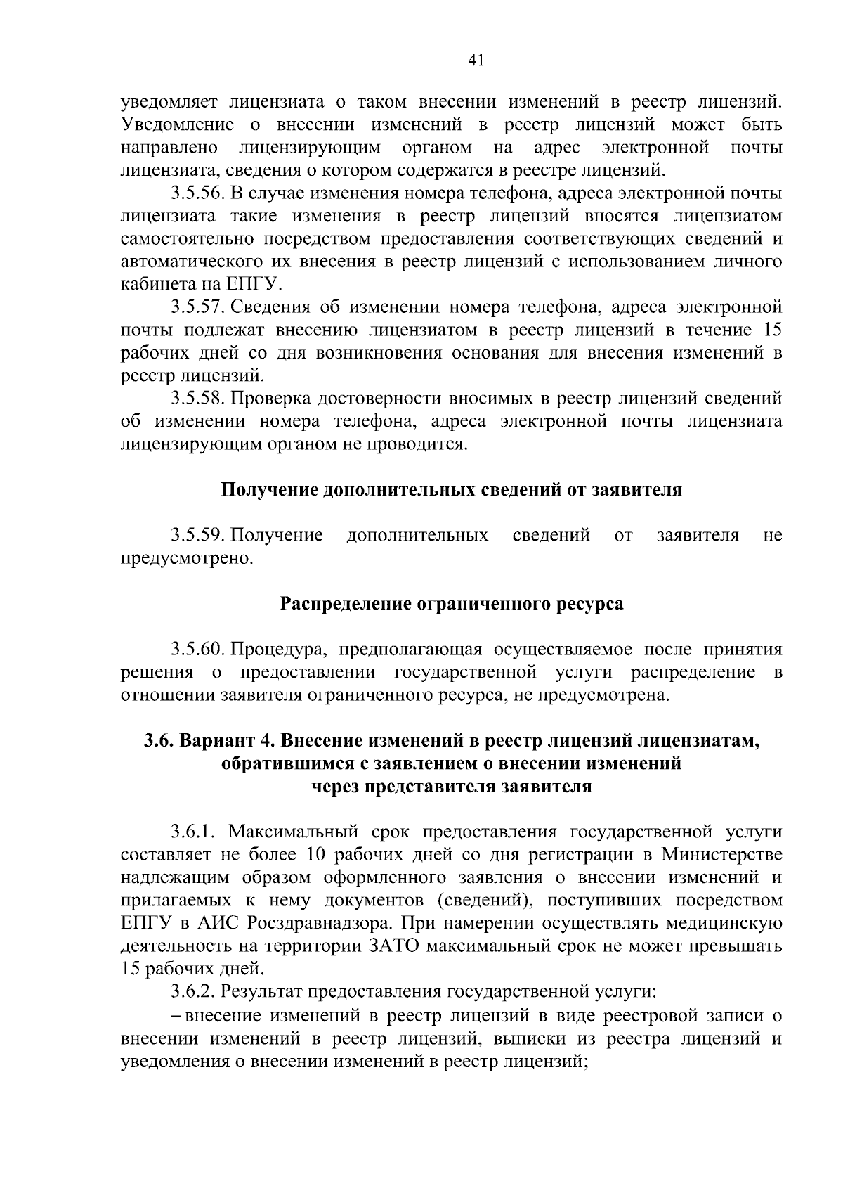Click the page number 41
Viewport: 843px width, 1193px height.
(x=476, y=61)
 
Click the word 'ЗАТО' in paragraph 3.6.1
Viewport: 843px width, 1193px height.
(x=393, y=946)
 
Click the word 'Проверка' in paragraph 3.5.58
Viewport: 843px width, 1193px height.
(x=270, y=399)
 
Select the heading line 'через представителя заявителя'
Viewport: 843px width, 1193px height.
(x=452, y=787)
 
